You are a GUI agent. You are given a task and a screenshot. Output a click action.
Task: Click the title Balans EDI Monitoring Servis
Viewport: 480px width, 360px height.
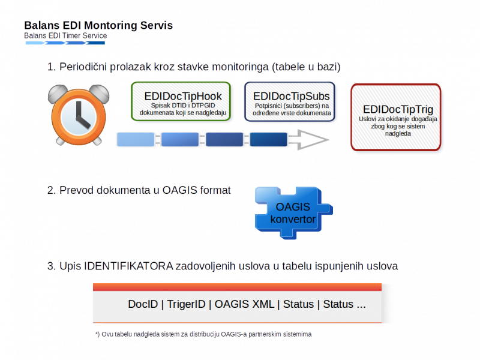tap(98, 26)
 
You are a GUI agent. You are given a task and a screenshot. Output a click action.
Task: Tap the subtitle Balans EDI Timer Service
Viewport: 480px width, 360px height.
tap(65, 36)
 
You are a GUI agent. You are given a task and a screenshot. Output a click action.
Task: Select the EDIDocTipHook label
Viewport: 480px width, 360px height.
tap(183, 96)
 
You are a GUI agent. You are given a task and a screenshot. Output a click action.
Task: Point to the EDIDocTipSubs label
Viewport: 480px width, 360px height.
tap(292, 96)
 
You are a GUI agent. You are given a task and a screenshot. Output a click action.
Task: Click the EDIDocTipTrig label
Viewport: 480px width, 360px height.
tap(398, 110)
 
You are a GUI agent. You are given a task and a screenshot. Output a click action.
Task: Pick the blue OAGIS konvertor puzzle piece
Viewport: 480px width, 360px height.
tap(293, 213)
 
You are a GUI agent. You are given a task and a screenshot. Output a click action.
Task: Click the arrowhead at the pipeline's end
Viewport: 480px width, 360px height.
tap(314, 140)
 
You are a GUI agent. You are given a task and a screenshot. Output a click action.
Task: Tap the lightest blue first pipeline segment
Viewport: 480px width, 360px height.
tap(136, 140)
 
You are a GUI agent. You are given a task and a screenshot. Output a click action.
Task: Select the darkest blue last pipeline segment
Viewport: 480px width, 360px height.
tap(268, 140)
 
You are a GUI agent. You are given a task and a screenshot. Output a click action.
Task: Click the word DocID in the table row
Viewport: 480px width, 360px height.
tap(143, 304)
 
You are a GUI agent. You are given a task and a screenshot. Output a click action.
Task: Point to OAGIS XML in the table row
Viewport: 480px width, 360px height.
tap(244, 304)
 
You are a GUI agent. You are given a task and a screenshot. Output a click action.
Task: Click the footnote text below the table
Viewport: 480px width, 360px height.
tap(204, 334)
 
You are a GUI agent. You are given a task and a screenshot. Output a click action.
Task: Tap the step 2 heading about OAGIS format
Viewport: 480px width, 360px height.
tap(139, 190)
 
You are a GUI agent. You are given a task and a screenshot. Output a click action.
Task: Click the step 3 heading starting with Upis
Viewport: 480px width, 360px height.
tap(222, 265)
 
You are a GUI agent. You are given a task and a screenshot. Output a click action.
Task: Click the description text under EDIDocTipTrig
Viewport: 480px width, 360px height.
tap(398, 126)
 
